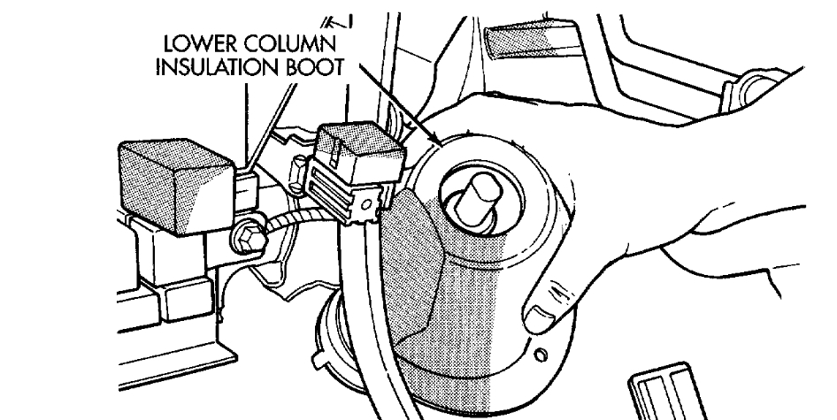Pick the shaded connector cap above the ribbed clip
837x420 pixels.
[x=353, y=146]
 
